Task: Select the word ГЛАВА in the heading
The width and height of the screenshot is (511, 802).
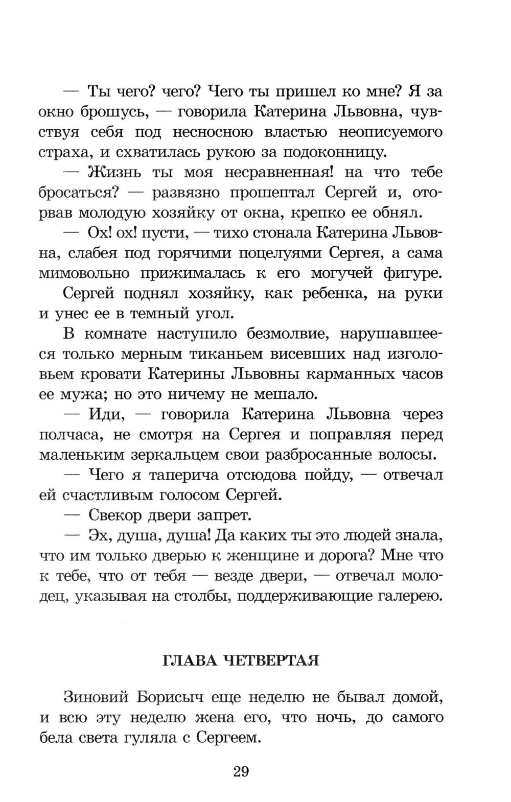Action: tap(187, 661)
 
